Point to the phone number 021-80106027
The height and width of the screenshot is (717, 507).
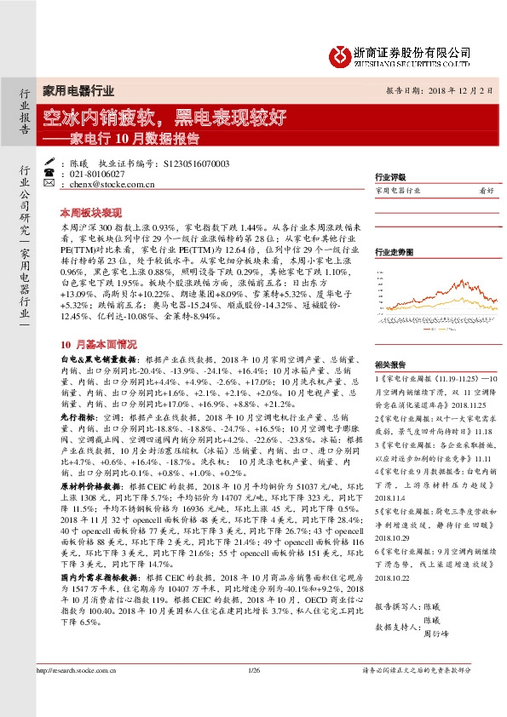(x=93, y=173)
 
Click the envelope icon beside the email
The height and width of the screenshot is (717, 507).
(x=49, y=183)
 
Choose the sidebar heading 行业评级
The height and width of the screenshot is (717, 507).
(x=389, y=178)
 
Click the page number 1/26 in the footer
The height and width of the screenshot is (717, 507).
(x=254, y=697)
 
